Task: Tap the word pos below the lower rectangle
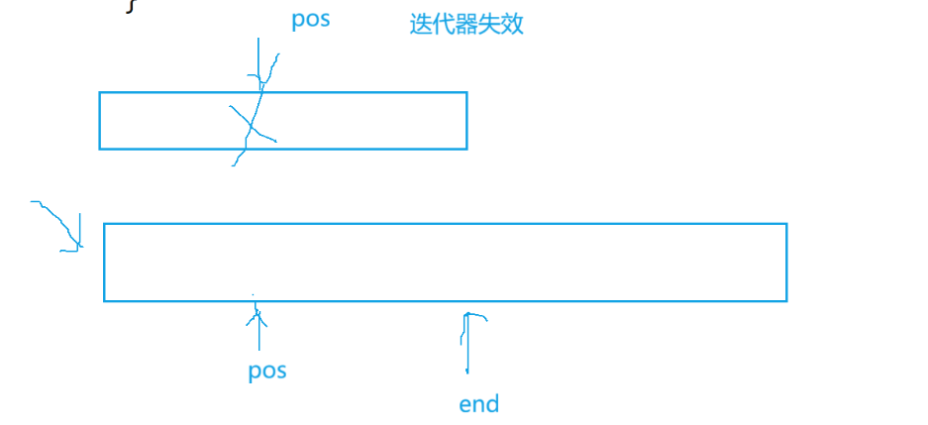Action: (x=267, y=372)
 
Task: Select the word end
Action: (x=479, y=404)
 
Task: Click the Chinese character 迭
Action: (x=421, y=25)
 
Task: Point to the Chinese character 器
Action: (x=466, y=25)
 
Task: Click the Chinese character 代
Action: (x=444, y=25)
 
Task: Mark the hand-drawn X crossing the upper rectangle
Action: (x=253, y=124)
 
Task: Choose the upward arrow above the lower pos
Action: (x=258, y=327)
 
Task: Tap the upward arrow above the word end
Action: (x=465, y=342)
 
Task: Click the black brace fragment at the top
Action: (x=130, y=6)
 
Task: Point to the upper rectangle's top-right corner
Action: (x=466, y=93)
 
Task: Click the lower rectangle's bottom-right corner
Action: (x=786, y=300)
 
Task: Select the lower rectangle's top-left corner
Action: (x=104, y=224)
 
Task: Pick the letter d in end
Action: (x=492, y=404)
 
